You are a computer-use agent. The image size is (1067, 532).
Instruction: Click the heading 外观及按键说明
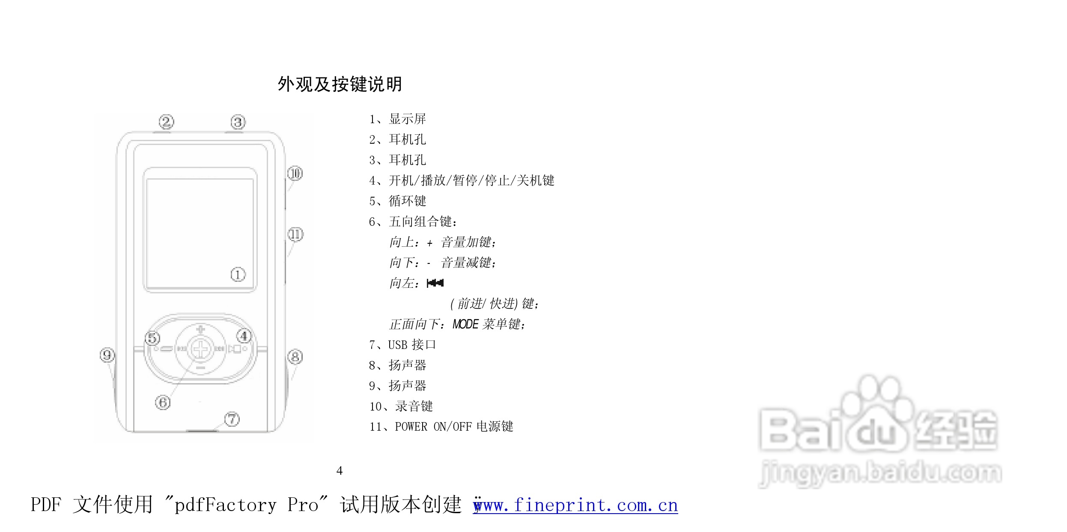[340, 84]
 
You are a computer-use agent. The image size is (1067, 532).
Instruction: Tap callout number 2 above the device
[167, 122]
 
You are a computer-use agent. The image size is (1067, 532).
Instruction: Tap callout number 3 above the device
[238, 122]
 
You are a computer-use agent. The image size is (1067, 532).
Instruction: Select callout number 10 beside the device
[295, 174]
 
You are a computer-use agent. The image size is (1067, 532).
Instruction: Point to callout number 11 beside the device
[295, 234]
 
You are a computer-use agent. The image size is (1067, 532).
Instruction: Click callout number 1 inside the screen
[238, 275]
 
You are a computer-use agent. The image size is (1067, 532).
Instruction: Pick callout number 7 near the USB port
[232, 419]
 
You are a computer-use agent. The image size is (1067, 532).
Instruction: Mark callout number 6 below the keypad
[163, 402]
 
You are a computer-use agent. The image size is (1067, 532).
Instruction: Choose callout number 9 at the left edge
[107, 355]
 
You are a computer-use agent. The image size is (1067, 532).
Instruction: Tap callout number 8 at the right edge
[295, 357]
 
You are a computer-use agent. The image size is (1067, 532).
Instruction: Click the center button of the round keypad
[200, 349]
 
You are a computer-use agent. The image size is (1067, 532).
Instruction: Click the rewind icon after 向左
[435, 283]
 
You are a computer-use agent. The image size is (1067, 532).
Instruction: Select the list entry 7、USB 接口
[402, 345]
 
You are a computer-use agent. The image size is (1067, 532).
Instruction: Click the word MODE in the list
[465, 324]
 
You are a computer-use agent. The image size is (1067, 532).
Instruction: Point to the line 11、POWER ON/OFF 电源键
[441, 427]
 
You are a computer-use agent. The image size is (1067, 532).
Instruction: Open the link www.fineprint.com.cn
[575, 505]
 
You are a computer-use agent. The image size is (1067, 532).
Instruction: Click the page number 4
[340, 471]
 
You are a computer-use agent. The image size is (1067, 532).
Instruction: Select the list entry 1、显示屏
[397, 119]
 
